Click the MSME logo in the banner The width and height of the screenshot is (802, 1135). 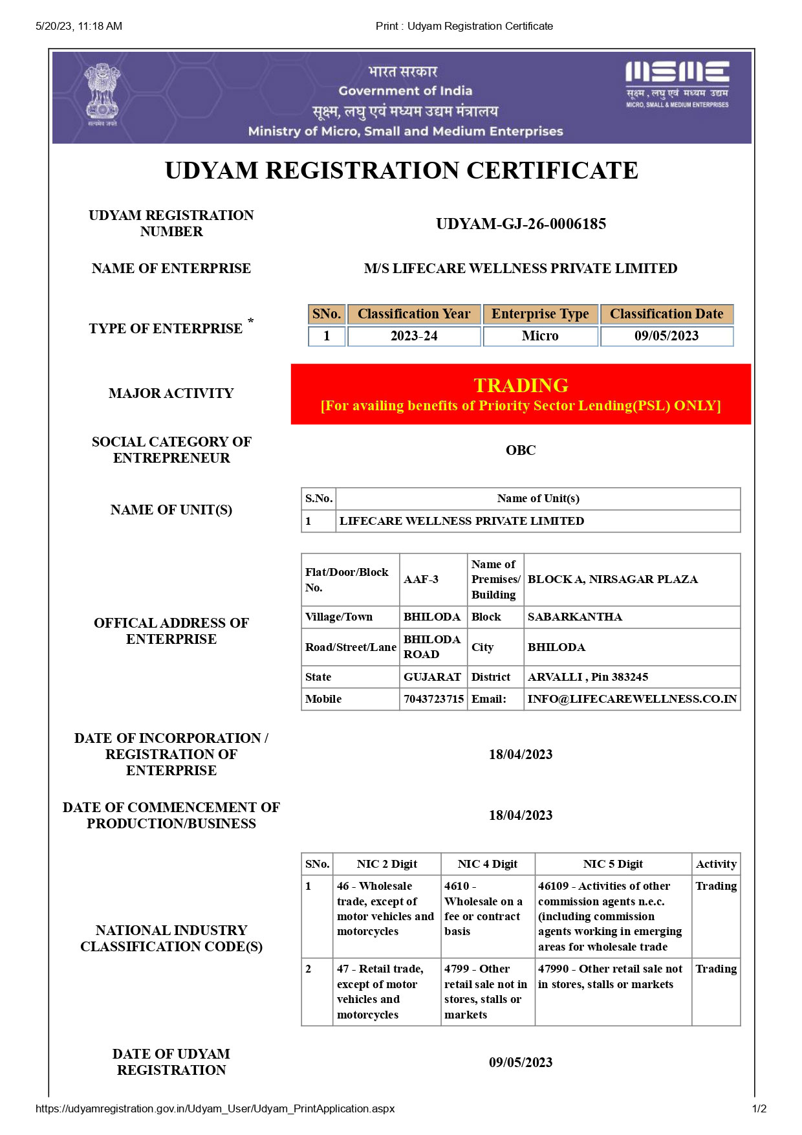click(677, 83)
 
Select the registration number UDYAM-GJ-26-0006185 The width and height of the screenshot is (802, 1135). click(521, 224)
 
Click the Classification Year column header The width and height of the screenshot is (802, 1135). click(414, 314)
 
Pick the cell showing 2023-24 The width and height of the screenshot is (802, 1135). click(414, 336)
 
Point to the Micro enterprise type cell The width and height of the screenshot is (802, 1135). click(540, 336)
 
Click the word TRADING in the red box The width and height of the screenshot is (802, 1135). click(521, 385)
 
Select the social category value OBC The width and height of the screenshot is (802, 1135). click(521, 450)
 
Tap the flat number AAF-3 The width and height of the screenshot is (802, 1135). click(421, 579)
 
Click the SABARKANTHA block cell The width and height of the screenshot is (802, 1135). click(575, 617)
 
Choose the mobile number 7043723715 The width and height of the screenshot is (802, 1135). click(433, 699)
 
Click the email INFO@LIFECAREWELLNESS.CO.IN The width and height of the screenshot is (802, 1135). click(632, 699)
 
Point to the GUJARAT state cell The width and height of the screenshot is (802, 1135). click(432, 677)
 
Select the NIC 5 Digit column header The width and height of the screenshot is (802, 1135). click(612, 864)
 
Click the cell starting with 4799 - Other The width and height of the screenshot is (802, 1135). click(487, 991)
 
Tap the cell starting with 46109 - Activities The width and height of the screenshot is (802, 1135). click(612, 916)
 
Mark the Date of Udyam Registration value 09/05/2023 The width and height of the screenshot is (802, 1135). click(521, 1062)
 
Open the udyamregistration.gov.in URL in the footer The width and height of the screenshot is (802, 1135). click(215, 1108)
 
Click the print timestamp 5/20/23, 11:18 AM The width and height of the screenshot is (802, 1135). click(79, 26)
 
